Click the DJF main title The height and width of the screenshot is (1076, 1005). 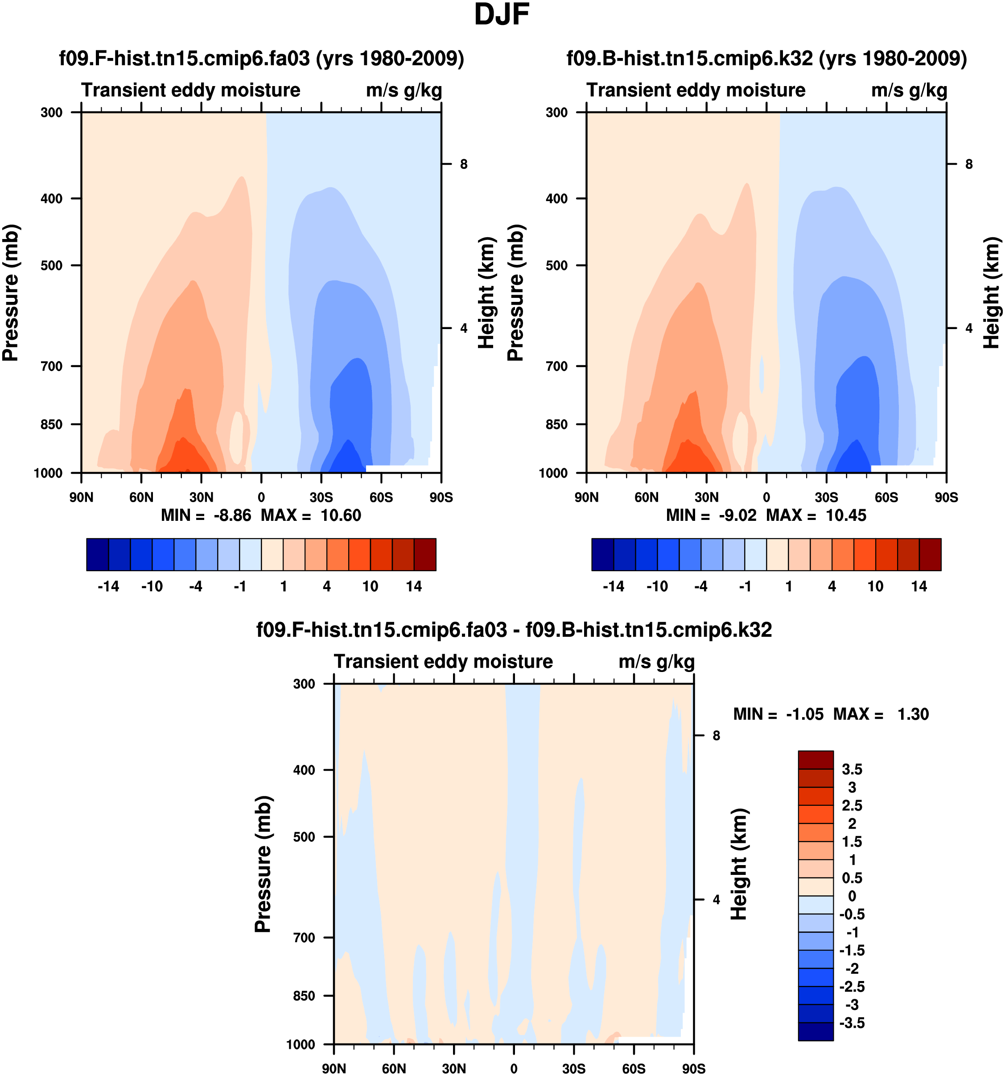pyautogui.click(x=501, y=15)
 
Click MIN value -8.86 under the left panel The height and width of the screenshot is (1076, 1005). pyautogui.click(x=232, y=515)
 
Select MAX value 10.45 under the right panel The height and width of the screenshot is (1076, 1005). pyautogui.click(x=845, y=515)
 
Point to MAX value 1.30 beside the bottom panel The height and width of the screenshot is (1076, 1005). pyautogui.click(x=913, y=714)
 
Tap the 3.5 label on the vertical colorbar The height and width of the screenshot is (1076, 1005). pyautogui.click(x=852, y=770)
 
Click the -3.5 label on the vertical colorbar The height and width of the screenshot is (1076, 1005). pyautogui.click(x=852, y=1023)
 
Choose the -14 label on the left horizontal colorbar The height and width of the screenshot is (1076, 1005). pyautogui.click(x=108, y=587)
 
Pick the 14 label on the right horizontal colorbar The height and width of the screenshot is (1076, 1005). pyautogui.click(x=919, y=587)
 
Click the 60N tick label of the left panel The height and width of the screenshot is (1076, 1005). pyautogui.click(x=141, y=497)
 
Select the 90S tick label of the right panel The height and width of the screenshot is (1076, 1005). pyautogui.click(x=946, y=497)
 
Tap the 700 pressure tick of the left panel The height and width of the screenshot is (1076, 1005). pyautogui.click(x=52, y=367)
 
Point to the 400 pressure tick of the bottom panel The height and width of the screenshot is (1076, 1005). pyautogui.click(x=304, y=770)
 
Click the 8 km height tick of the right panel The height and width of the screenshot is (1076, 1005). pyautogui.click(x=969, y=164)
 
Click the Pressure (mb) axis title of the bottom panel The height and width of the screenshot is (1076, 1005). pyautogui.click(x=263, y=864)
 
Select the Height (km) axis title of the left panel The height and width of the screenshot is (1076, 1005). pyautogui.click(x=486, y=293)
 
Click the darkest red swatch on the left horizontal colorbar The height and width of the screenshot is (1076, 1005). pyautogui.click(x=425, y=555)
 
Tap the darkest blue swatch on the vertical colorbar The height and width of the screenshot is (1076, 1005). pyautogui.click(x=816, y=1031)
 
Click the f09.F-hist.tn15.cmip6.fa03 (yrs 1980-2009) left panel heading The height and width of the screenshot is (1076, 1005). pyautogui.click(x=261, y=58)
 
